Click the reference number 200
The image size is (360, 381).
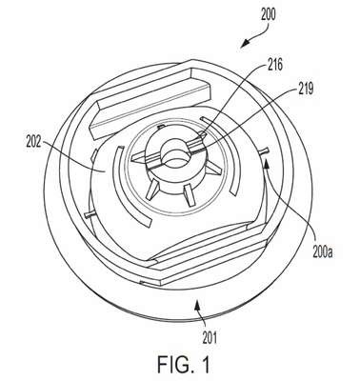click(x=269, y=15)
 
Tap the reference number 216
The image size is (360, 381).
click(x=274, y=65)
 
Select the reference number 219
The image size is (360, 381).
click(x=306, y=89)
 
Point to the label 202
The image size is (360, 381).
click(x=33, y=142)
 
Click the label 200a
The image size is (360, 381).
click(x=322, y=253)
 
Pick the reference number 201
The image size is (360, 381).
click(x=210, y=338)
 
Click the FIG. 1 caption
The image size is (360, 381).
click(x=184, y=365)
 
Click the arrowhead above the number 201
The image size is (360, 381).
click(x=197, y=307)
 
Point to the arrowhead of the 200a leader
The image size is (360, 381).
click(x=267, y=164)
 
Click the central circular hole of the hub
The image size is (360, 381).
click(x=175, y=154)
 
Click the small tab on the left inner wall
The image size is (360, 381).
click(x=90, y=214)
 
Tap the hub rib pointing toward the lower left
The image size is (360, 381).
click(x=152, y=190)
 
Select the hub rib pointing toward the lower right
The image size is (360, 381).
click(x=190, y=194)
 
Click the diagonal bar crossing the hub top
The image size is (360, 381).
click(x=170, y=150)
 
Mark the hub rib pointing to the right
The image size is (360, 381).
click(x=212, y=168)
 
